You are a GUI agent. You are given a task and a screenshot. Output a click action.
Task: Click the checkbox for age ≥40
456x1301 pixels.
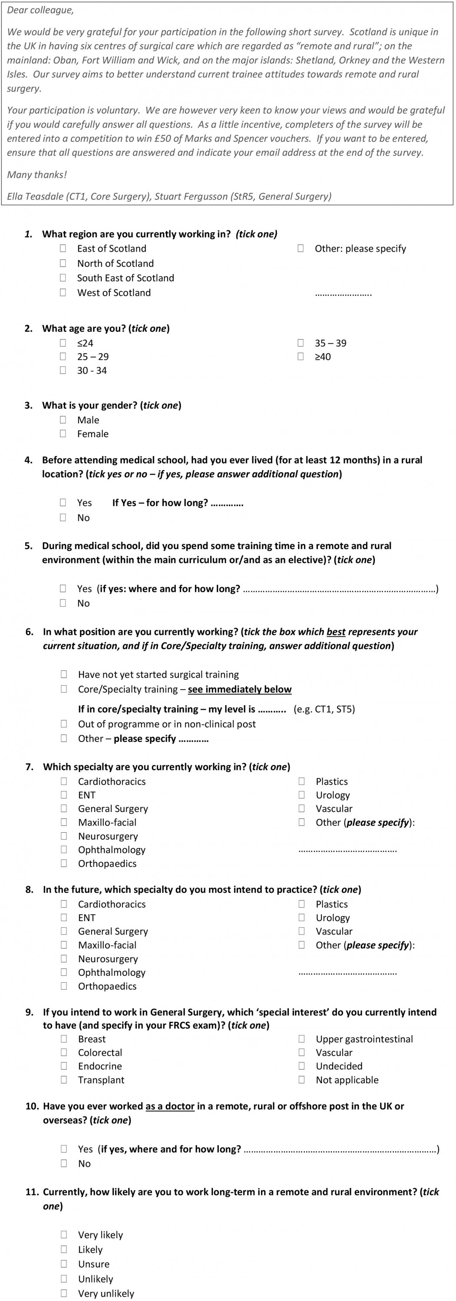click(301, 356)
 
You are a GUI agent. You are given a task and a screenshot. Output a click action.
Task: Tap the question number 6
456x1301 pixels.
click(30, 631)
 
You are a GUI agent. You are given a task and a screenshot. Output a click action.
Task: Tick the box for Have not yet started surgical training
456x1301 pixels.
click(64, 674)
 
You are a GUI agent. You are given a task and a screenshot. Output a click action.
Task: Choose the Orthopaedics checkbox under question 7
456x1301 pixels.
click(64, 863)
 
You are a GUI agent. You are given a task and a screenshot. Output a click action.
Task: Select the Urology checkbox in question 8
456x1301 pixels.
click(302, 917)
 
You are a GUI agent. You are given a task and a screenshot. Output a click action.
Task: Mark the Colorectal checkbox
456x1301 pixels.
click(64, 1052)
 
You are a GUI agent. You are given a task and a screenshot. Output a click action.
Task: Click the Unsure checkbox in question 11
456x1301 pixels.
click(64, 1264)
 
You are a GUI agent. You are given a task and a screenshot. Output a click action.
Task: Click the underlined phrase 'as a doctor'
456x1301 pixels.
click(170, 1106)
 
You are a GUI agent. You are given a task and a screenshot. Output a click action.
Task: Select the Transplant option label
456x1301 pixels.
click(101, 1080)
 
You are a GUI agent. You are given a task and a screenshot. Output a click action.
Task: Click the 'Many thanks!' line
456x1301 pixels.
click(37, 175)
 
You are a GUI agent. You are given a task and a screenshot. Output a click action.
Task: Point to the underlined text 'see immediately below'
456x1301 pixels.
click(240, 689)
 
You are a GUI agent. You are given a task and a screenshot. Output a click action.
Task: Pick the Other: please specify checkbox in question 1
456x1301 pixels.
click(301, 248)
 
